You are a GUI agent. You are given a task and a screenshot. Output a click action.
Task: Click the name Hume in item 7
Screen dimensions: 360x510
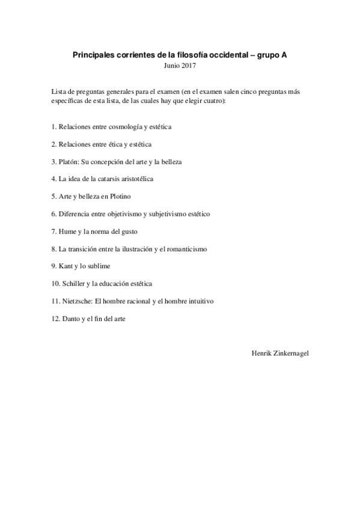tap(67, 231)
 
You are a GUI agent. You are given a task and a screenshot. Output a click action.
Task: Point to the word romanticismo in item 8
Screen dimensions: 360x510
tap(186, 248)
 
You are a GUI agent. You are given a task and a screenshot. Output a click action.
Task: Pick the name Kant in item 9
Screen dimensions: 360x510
tap(65, 266)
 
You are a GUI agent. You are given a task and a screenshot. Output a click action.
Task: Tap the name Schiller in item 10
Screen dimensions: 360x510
tap(73, 283)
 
